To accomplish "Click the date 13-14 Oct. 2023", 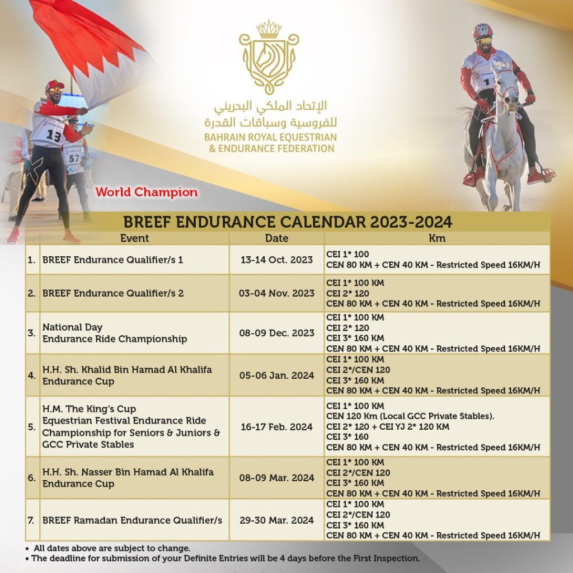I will (x=276, y=260).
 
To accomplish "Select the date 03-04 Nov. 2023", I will (x=276, y=293).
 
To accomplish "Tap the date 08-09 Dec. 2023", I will (x=276, y=333).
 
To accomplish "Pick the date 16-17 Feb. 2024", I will (x=276, y=427).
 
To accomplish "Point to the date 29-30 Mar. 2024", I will (x=276, y=520).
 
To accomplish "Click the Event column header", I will (x=134, y=238).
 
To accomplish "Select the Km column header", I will (x=436, y=238).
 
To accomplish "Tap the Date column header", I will (x=276, y=238).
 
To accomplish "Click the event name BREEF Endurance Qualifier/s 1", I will (x=113, y=260).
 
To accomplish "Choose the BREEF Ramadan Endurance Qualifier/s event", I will (x=132, y=520).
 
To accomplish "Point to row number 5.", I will (x=32, y=427).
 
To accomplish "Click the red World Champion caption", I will (x=146, y=192).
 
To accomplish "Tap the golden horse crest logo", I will (x=269, y=56).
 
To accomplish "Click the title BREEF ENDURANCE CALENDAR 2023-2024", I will (x=287, y=222).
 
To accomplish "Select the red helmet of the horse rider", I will (x=482, y=30).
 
